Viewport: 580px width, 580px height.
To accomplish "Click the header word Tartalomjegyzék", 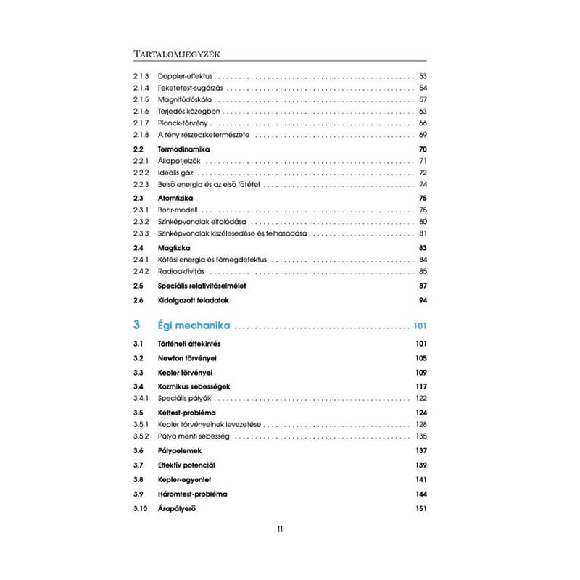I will [177, 54].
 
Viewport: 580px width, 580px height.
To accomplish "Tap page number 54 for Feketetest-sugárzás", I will [423, 88].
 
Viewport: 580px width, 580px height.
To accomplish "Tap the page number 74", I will [423, 185].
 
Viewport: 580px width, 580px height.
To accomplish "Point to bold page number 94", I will [423, 300].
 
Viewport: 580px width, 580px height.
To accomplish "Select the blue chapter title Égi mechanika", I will [194, 325].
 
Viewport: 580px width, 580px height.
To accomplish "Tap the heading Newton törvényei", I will [188, 358].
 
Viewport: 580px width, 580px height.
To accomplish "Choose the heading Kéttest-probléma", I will [187, 412].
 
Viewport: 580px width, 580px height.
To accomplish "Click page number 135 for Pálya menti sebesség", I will [422, 436].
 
